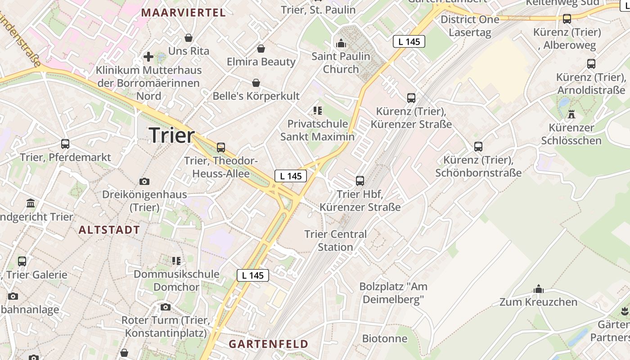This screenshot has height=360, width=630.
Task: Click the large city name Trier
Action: tap(171, 135)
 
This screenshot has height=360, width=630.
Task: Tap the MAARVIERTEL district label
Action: tap(184, 13)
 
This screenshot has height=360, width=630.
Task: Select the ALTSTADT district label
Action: tap(109, 230)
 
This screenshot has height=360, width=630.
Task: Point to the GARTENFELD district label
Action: tap(269, 344)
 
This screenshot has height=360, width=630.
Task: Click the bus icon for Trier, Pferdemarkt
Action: tap(65, 144)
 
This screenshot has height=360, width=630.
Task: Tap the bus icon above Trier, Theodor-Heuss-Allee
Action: tap(220, 147)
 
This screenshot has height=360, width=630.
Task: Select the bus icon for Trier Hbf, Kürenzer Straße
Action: tap(360, 180)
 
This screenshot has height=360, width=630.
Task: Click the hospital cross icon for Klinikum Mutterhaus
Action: tap(148, 57)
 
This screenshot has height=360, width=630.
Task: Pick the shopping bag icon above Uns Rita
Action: tap(189, 38)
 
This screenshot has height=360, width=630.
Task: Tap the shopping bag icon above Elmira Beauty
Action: tap(261, 49)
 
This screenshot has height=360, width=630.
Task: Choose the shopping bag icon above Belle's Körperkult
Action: tap(256, 83)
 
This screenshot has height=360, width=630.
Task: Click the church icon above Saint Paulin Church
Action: tap(341, 43)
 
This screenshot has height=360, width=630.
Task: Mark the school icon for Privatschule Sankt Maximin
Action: tap(317, 110)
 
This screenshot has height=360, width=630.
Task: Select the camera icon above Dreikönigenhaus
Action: tap(144, 181)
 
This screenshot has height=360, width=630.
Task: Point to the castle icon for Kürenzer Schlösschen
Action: tap(571, 114)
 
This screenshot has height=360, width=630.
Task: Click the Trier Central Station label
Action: tap(336, 240)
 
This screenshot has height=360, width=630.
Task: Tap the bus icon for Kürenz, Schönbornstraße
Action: tap(478, 147)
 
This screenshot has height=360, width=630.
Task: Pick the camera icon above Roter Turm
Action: tap(166, 307)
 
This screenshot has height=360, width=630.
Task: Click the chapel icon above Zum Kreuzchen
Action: tap(538, 289)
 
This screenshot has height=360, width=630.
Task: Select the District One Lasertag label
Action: tap(470, 26)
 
